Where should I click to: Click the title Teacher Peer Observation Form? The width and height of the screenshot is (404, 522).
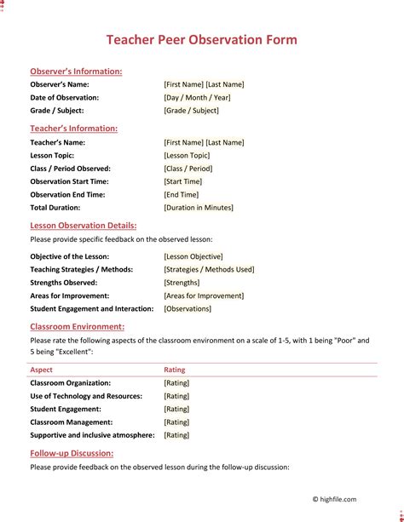[201, 40]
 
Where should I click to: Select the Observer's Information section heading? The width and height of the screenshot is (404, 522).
[76, 72]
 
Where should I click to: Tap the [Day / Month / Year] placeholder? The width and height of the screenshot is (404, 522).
[197, 98]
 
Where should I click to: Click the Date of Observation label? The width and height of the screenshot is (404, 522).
[65, 98]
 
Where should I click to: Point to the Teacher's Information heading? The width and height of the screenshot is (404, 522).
[74, 129]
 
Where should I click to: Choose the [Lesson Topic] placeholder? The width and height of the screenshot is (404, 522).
[187, 156]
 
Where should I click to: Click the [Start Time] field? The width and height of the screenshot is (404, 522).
[183, 181]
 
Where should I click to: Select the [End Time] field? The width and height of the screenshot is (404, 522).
[182, 195]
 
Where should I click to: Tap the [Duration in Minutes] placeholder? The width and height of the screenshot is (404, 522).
[199, 208]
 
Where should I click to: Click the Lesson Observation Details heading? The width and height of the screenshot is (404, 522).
[84, 226]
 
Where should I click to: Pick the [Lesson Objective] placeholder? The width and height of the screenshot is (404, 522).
[193, 256]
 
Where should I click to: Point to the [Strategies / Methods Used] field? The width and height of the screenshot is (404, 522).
[209, 269]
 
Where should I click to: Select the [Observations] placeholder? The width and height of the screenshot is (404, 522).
[188, 309]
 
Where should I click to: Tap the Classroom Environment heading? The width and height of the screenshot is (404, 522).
[78, 326]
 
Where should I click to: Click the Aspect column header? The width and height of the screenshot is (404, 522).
[41, 370]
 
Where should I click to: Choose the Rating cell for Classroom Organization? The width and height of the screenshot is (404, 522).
[176, 383]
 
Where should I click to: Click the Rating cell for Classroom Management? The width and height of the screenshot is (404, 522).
[176, 422]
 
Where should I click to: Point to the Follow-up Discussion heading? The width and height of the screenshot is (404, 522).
[72, 454]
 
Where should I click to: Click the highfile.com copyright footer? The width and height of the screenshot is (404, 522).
[334, 500]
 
